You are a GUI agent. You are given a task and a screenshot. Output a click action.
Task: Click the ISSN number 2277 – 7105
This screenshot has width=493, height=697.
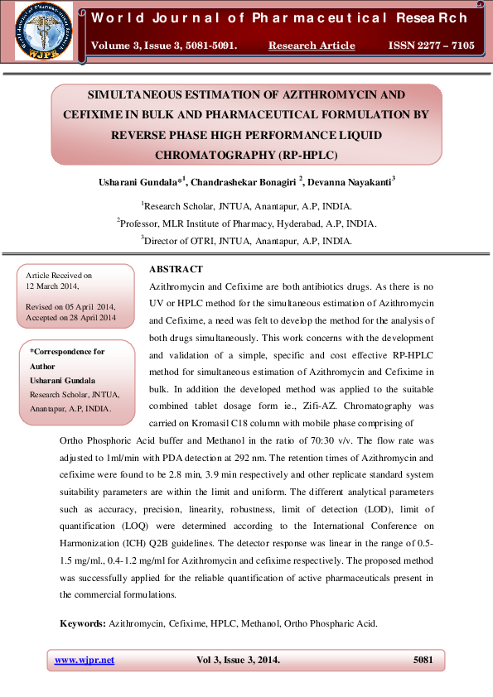[x=431, y=46]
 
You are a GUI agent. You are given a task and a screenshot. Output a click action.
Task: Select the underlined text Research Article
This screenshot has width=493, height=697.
[x=312, y=46]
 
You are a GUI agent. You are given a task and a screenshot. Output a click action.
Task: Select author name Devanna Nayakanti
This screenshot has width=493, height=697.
[x=352, y=180]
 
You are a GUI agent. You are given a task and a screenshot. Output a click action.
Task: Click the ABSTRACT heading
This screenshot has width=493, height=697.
[x=175, y=270]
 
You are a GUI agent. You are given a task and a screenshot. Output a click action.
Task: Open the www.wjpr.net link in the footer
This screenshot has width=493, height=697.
[x=85, y=660]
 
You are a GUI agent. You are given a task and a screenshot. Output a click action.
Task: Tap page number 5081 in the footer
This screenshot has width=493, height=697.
[x=423, y=660]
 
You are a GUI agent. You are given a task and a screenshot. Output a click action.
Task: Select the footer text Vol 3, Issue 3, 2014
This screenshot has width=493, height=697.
[x=238, y=660]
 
